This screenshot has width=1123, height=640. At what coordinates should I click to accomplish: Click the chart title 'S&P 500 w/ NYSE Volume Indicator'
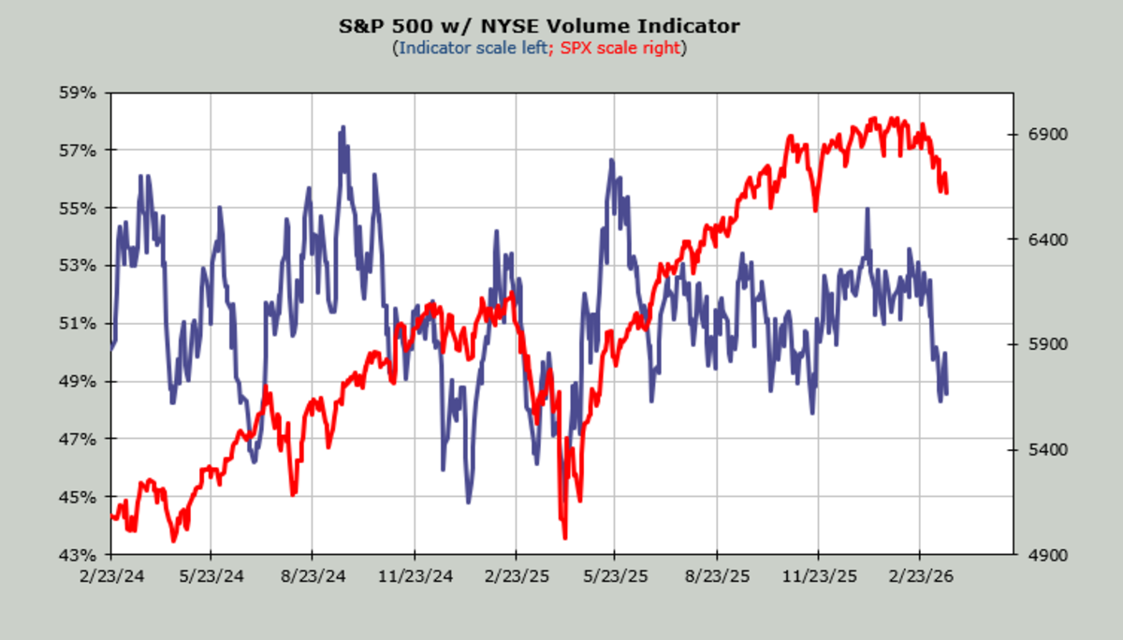click(538, 26)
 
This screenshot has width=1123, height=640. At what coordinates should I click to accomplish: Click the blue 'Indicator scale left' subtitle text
click(473, 47)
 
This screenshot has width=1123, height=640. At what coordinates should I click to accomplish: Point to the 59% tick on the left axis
click(79, 93)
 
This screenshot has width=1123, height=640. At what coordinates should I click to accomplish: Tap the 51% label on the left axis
click(79, 324)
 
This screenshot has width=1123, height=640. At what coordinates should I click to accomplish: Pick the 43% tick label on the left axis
click(79, 555)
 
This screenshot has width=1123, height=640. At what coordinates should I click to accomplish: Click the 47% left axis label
click(79, 439)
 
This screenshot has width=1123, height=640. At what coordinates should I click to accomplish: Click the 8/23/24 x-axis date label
click(312, 573)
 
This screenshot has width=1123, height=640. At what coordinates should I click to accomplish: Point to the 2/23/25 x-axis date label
click(515, 573)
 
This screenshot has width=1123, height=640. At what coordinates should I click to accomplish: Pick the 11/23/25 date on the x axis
click(818, 573)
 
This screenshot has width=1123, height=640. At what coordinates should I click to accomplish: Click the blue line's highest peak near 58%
click(343, 127)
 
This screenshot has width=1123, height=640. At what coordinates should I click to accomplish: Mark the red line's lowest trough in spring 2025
click(564, 537)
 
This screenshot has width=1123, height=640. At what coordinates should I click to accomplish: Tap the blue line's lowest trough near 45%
click(468, 502)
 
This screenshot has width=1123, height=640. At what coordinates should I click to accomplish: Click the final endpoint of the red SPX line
click(947, 193)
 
